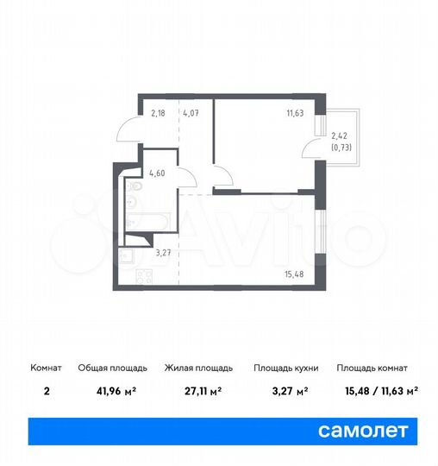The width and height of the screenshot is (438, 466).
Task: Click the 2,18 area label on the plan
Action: [159, 111]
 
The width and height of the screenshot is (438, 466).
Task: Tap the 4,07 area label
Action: [190, 111]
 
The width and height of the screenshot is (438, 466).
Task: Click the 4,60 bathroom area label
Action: [158, 172]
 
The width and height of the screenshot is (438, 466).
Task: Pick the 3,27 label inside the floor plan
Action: [163, 253]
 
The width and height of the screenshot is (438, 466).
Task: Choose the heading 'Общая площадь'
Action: [106, 368]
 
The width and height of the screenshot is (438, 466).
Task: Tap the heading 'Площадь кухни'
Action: [285, 368]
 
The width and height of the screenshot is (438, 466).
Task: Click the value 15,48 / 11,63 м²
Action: [377, 390]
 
